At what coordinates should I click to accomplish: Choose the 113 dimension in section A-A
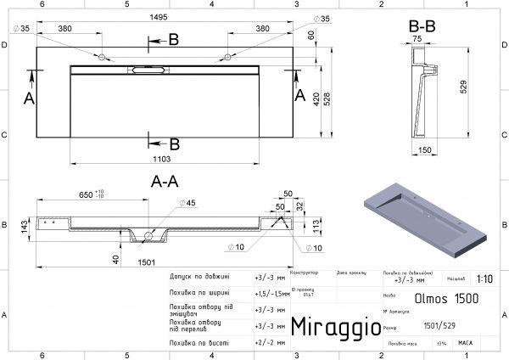click(x=313, y=224)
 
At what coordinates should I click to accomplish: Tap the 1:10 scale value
click(x=484, y=278)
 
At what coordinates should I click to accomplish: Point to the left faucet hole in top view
click(x=103, y=58)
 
